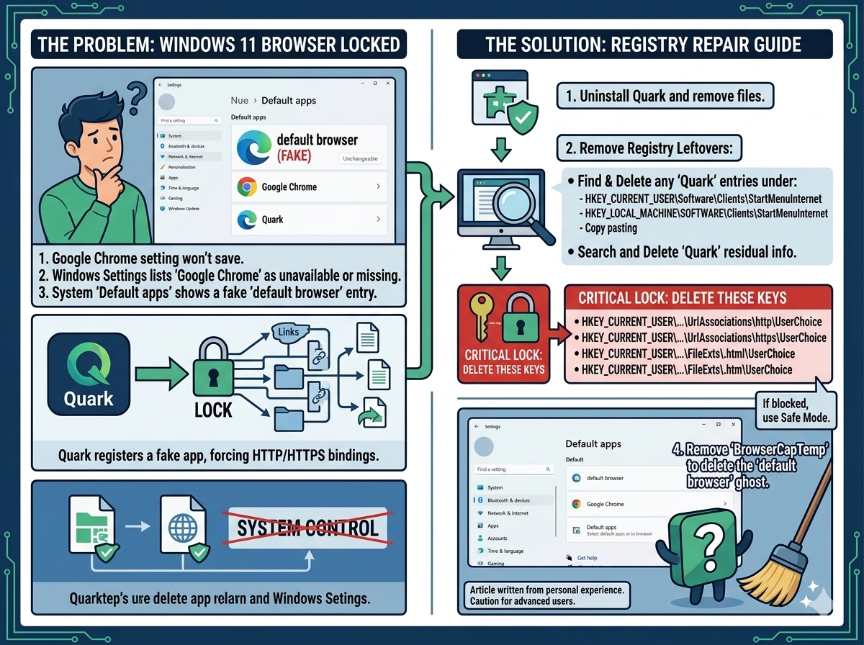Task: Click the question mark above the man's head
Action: [x=137, y=94]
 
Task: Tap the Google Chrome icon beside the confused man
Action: [x=247, y=187]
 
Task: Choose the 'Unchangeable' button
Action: [x=360, y=158]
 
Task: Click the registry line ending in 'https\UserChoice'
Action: [x=703, y=338]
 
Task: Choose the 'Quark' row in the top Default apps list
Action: [x=309, y=220]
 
